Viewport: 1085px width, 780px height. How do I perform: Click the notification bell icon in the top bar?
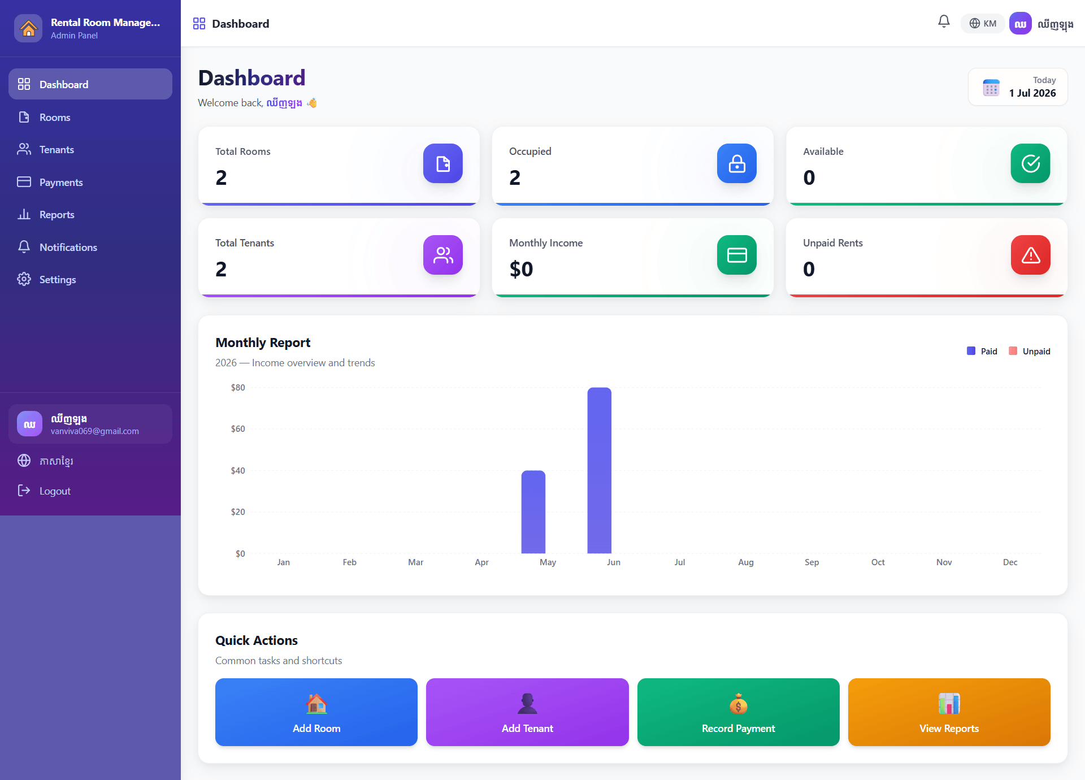pos(944,22)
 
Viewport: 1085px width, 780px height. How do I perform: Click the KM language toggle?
pos(983,24)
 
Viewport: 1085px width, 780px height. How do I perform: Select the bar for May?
pos(533,512)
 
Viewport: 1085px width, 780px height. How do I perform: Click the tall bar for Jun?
pos(599,470)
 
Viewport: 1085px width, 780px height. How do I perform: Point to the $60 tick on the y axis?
pos(238,429)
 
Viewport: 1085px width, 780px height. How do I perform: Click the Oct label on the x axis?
pos(878,562)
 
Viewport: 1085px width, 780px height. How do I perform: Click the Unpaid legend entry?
pos(1030,352)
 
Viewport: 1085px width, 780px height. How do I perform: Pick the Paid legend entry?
pos(982,352)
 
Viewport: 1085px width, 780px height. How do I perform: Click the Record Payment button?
pos(738,712)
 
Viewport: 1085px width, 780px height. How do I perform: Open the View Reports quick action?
pos(949,712)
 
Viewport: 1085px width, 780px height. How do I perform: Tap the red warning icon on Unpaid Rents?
pos(1030,255)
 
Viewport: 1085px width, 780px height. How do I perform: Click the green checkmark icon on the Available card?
pos(1030,163)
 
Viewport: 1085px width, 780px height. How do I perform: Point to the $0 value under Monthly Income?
pos(521,269)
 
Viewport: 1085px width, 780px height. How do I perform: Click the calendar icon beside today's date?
pos(991,88)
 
